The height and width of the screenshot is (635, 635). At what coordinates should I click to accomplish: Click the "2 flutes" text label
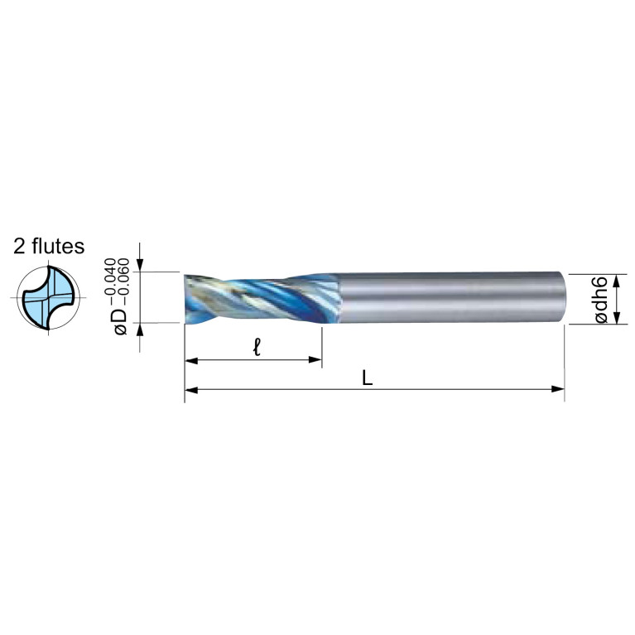coord(49,246)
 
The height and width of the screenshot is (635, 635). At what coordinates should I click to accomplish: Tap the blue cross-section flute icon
coord(49,298)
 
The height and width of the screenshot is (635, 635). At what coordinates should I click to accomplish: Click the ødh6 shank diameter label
coord(601,299)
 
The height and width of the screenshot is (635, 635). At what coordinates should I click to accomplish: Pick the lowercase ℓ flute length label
coord(257,347)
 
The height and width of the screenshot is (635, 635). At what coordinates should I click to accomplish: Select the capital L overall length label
coord(367,378)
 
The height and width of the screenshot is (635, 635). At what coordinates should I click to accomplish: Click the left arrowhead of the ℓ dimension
coord(191,360)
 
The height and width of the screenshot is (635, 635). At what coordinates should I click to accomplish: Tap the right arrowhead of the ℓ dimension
coord(315,359)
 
